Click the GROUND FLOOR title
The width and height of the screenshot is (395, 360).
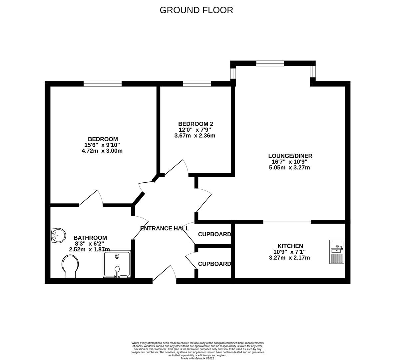tap(196, 10)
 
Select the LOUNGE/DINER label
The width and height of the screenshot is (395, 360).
tap(290, 156)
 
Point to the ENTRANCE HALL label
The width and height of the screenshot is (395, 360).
tap(165, 228)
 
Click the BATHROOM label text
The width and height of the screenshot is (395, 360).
tap(90, 238)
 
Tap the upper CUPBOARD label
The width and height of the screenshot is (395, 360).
tap(214, 234)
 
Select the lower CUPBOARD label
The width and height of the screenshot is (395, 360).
tap(214, 264)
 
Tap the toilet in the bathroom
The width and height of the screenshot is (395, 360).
tap(70, 266)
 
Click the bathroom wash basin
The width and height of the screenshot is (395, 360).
tap(59, 236)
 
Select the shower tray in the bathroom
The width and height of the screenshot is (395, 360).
tap(117, 264)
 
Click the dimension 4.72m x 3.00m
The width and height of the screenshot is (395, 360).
tap(102, 151)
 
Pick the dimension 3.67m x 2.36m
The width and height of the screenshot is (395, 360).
tap(195, 136)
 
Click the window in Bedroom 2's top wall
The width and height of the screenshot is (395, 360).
tap(197, 84)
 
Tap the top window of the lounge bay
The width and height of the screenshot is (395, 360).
tap(270, 63)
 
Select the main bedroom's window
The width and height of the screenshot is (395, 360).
tap(103, 84)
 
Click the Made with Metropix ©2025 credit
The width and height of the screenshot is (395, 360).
tap(197, 358)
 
